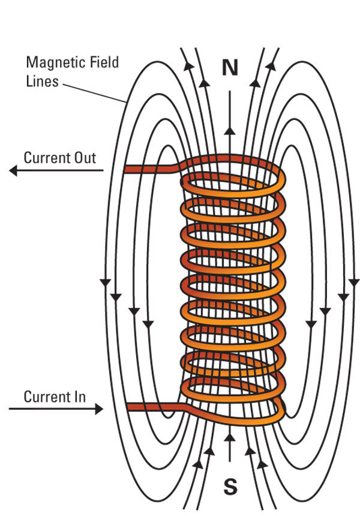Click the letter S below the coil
pyautogui.click(x=230, y=487)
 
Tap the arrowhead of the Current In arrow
pyautogui.click(x=98, y=409)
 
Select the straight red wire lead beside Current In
pyautogui.click(x=153, y=407)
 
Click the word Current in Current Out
pyautogui.click(x=46, y=158)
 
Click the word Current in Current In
pyautogui.click(x=46, y=397)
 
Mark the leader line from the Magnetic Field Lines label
pyautogui.click(x=93, y=91)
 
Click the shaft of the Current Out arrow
pyautogui.click(x=60, y=171)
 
